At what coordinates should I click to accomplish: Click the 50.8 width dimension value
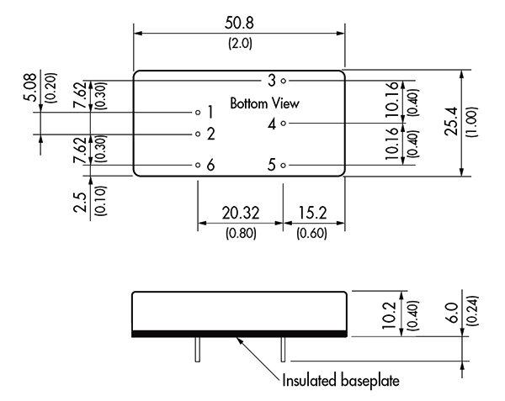[239, 24]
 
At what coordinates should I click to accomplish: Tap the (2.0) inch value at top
[240, 43]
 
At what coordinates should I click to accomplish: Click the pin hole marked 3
[283, 81]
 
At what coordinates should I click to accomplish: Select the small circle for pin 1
[198, 112]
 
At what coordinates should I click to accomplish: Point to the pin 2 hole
[198, 134]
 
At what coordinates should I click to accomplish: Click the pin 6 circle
[198, 166]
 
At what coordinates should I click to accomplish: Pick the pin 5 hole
[283, 166]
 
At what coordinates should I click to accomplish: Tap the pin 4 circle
[283, 124]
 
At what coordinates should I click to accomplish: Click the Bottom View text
[265, 103]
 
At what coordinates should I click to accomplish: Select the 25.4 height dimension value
[451, 121]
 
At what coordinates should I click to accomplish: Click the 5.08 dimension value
[30, 87]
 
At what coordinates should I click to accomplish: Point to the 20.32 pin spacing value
[241, 214]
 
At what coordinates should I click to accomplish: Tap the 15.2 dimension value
[312, 214]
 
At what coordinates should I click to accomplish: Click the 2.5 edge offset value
[80, 203]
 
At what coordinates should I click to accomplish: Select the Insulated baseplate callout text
[341, 381]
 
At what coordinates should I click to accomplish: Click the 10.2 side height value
[389, 315]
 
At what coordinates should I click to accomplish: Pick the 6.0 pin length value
[453, 313]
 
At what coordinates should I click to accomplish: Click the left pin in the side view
[198, 349]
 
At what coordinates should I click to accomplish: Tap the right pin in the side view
[283, 349]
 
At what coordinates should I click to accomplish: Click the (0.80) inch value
[241, 233]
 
